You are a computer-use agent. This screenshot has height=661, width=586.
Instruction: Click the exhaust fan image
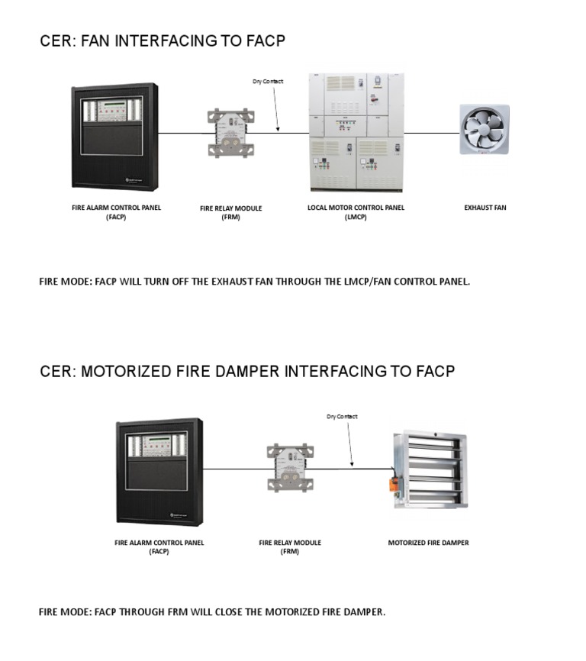point(484,130)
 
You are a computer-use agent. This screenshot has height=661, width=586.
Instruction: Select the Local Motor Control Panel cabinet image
point(356,132)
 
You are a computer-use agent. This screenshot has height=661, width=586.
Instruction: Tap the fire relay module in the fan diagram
point(230,134)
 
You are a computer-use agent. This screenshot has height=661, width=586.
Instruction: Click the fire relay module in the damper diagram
point(291,467)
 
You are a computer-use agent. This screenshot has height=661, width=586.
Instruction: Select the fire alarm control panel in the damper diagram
point(159,471)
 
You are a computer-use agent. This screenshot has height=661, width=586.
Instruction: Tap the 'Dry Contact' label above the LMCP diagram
point(268,82)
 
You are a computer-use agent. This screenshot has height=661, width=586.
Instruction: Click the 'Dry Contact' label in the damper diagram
point(342,417)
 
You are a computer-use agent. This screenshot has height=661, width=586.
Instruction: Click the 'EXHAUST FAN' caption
point(485,208)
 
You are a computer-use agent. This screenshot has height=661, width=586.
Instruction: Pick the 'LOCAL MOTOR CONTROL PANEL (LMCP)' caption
point(356,212)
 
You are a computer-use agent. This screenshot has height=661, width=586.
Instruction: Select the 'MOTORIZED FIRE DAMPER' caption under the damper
point(428,543)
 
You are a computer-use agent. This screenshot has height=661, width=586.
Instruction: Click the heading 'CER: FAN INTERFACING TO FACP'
point(162,41)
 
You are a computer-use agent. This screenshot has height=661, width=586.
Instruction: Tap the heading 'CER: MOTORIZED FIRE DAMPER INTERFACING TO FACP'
point(246,372)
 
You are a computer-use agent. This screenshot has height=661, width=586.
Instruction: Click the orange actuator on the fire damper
point(394,484)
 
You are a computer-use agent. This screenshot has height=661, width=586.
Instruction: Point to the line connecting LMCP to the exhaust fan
point(431,133)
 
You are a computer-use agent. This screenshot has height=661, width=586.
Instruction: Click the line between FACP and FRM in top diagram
point(182,134)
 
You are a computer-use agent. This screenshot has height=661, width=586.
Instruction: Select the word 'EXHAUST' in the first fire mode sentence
point(227,282)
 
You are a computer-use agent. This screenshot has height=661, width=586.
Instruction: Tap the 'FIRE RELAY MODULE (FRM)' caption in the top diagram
point(230,212)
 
